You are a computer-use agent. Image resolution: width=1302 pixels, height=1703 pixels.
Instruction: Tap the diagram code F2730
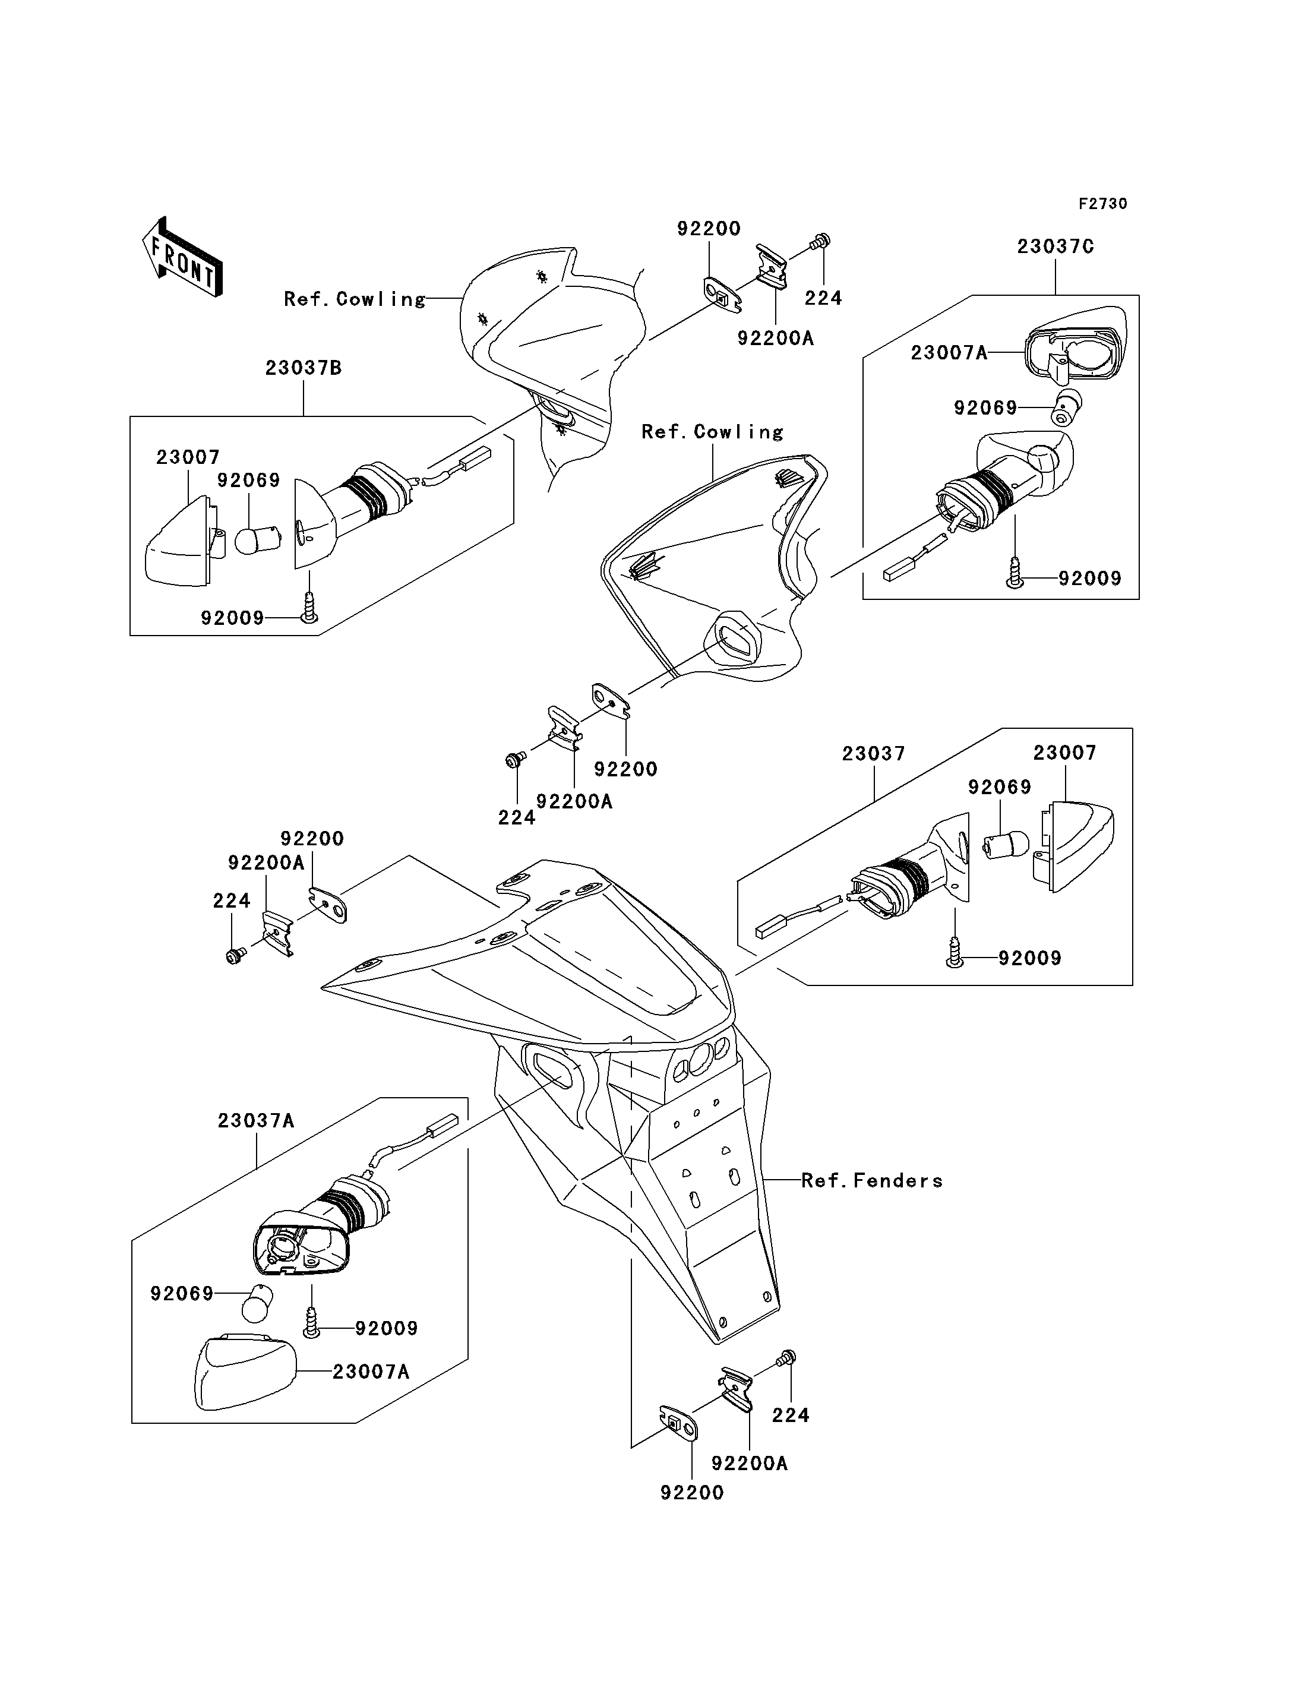(1103, 204)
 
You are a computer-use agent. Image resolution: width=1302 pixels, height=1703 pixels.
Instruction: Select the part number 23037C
(1055, 247)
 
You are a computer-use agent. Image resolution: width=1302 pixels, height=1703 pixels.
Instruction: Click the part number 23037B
(303, 368)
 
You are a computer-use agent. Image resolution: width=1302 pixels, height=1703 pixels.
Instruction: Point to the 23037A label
(256, 1120)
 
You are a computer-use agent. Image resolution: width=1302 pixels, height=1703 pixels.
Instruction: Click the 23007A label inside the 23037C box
(949, 353)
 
